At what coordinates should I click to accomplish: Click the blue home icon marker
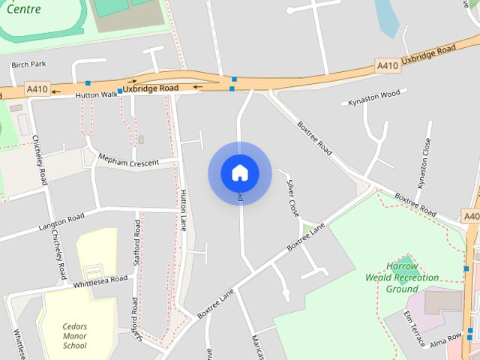pos(240,173)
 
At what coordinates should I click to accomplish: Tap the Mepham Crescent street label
pos(129,160)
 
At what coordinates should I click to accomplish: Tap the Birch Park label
pos(28,64)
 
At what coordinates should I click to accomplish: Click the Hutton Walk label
pos(96,95)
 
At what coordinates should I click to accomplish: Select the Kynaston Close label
pos(424,163)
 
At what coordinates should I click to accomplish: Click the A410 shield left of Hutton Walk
pos(37,88)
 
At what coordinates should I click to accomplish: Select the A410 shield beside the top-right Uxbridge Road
pos(387,66)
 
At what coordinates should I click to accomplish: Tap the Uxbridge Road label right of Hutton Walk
pos(151,88)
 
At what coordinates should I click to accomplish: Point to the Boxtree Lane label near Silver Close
pos(306,236)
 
